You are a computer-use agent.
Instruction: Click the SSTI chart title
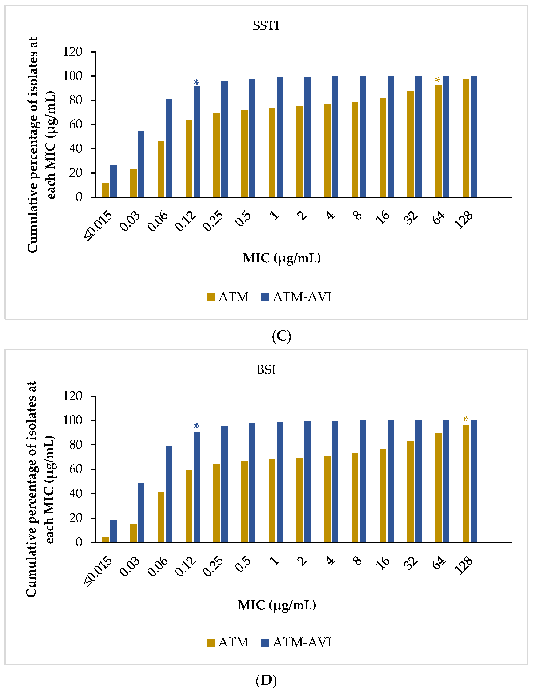tap(266, 26)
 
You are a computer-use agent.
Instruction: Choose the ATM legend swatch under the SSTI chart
tap(211, 297)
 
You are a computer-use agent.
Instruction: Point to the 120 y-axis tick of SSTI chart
tap(72, 52)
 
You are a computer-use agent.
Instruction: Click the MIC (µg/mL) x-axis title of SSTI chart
tap(282, 258)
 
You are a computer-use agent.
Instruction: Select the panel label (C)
tap(281, 336)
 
